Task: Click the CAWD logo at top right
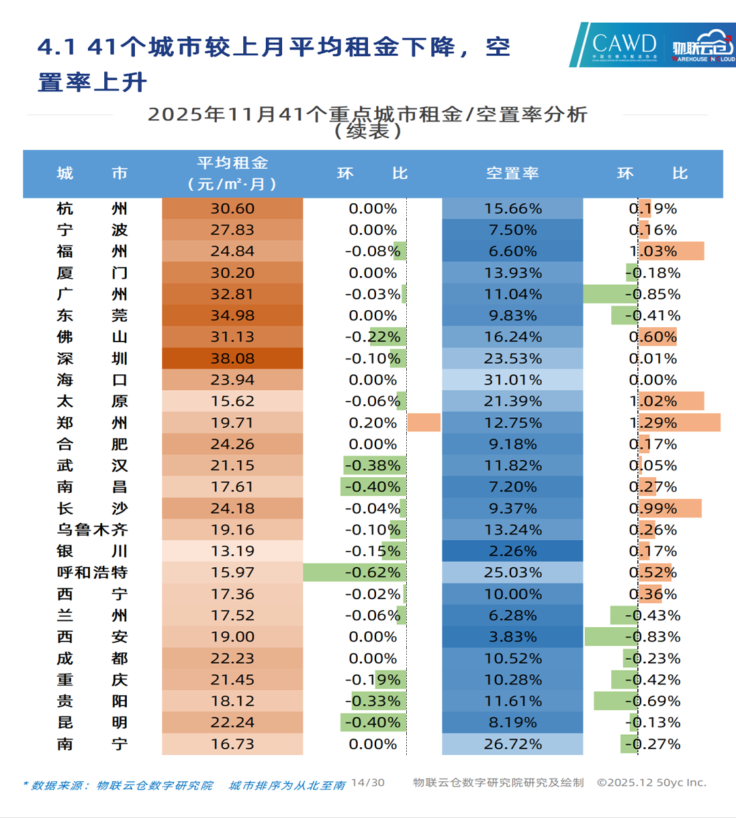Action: (x=624, y=45)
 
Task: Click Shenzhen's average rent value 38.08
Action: (x=232, y=359)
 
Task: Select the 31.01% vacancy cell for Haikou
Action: (x=512, y=380)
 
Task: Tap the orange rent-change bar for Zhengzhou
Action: (x=424, y=423)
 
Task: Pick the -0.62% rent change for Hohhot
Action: (x=373, y=573)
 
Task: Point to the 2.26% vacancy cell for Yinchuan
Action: (x=512, y=551)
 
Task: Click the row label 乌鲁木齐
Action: (x=92, y=530)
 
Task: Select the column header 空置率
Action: (x=512, y=174)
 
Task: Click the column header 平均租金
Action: (x=232, y=164)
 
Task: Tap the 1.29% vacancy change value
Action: (x=654, y=423)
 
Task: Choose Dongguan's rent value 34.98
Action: (x=232, y=316)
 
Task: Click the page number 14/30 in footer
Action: (x=368, y=783)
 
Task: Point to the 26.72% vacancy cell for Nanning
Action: (x=512, y=744)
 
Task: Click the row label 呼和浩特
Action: (x=92, y=573)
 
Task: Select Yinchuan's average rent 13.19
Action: (x=232, y=551)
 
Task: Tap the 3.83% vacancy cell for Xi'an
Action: (x=512, y=637)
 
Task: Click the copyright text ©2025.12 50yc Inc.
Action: (x=651, y=783)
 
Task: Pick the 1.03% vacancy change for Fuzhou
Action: (x=654, y=252)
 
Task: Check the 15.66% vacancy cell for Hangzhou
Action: (x=512, y=209)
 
